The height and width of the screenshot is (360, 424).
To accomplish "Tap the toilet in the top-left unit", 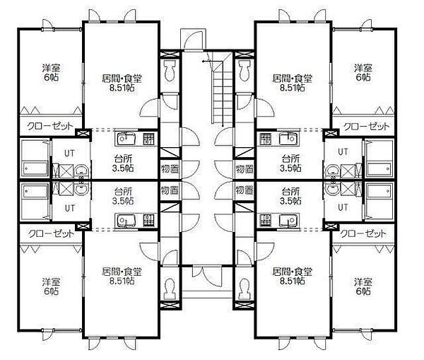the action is pyautogui.click(x=170, y=71).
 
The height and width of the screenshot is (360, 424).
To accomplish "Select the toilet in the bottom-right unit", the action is pyautogui.click(x=245, y=289).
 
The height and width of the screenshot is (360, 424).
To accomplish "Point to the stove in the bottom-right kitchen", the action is pyautogui.click(x=265, y=219).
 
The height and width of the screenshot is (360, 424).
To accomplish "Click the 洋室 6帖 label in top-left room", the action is pyautogui.click(x=51, y=72).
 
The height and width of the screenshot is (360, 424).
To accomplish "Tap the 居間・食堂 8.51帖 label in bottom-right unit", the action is pyautogui.click(x=293, y=276).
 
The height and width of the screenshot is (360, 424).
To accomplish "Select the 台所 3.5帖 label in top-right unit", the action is pyautogui.click(x=290, y=163).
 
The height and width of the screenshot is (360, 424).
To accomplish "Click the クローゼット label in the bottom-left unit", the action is pyautogui.click(x=51, y=233).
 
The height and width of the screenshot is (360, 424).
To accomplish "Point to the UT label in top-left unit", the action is pyautogui.click(x=69, y=153).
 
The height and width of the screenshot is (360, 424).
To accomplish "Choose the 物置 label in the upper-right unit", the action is pyautogui.click(x=245, y=169).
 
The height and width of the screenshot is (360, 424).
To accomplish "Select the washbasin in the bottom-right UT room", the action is pyautogui.click(x=333, y=188).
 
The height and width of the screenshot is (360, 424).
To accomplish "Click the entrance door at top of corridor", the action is pyautogui.click(x=193, y=40).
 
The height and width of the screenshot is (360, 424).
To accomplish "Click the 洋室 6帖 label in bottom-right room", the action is pyautogui.click(x=363, y=286).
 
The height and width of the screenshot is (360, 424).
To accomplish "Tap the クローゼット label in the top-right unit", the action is pyautogui.click(x=366, y=126).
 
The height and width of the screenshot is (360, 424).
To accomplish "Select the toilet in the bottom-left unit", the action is pyautogui.click(x=170, y=289).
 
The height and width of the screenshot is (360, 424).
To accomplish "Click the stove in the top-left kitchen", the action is pyautogui.click(x=148, y=139).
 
